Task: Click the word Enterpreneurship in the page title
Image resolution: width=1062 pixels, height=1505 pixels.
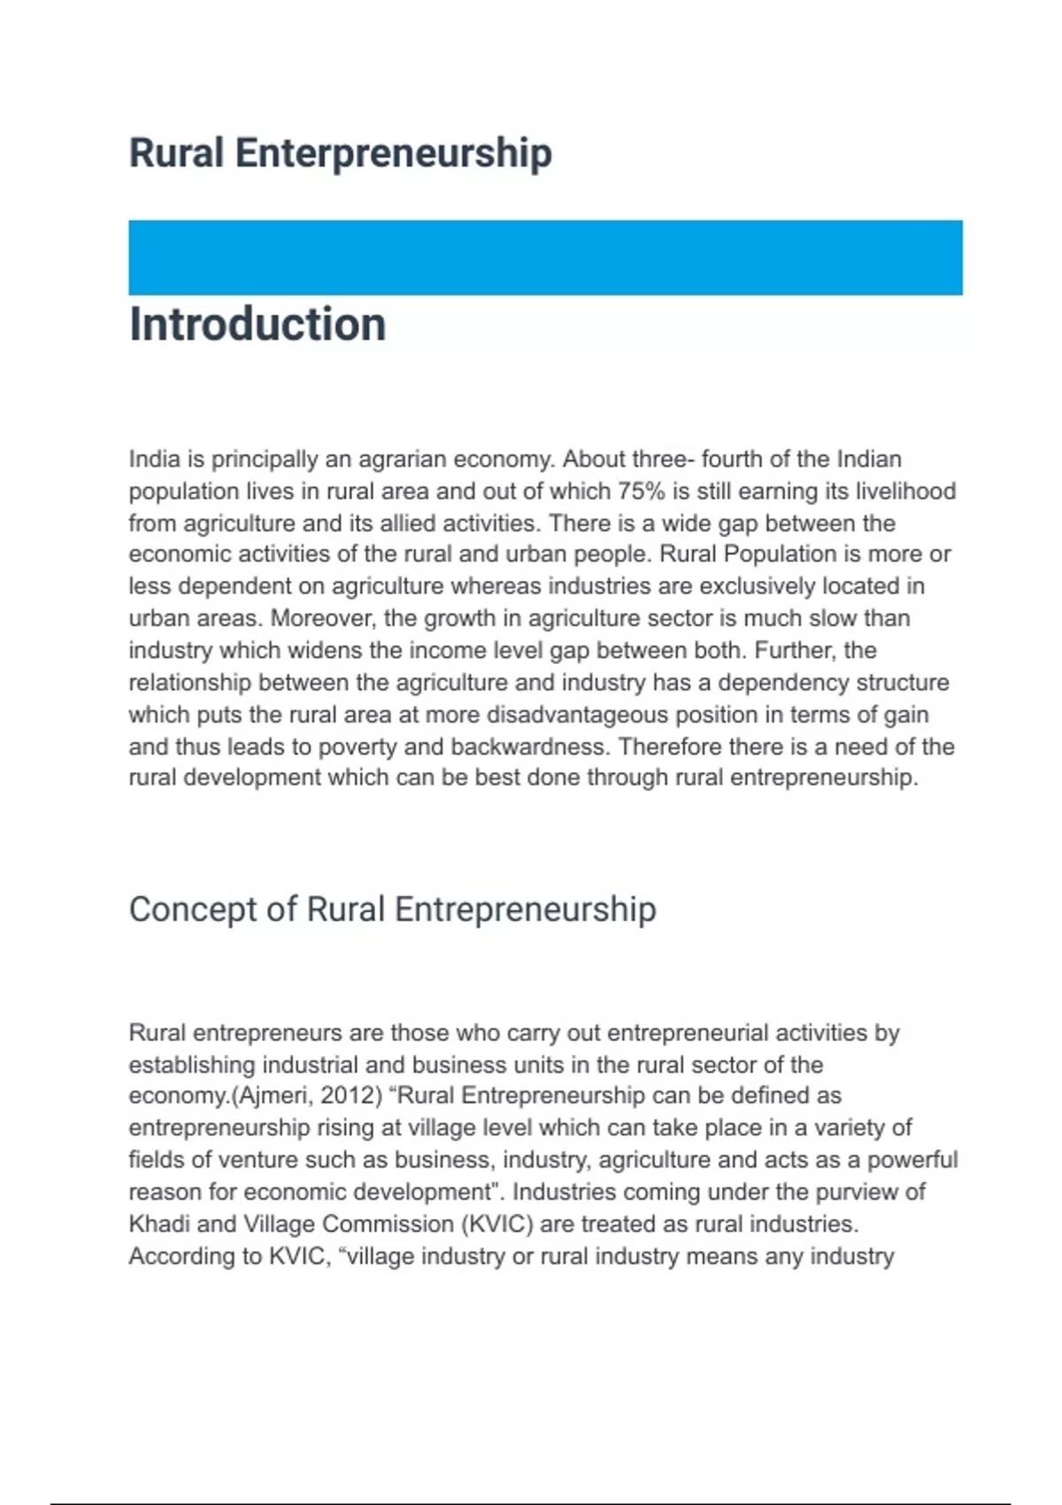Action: point(393,153)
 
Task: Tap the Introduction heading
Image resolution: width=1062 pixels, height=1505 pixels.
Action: point(258,324)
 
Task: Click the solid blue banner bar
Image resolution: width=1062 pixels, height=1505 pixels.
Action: point(545,258)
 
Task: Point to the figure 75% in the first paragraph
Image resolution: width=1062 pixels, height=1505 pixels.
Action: point(642,491)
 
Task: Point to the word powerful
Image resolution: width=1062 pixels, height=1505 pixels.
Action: point(912,1160)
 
